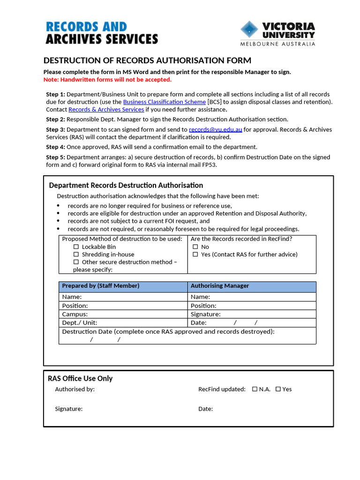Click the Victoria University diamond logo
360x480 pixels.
(x=249, y=29)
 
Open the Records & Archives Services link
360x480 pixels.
(x=106, y=109)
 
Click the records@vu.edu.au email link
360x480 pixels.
(x=215, y=129)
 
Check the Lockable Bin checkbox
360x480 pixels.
(x=76, y=247)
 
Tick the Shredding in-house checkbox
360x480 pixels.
(x=76, y=255)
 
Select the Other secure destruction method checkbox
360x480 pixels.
(x=76, y=262)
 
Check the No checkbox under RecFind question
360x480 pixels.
(x=195, y=247)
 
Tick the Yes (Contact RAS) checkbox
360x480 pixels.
(x=195, y=255)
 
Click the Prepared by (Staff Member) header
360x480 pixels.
(x=101, y=286)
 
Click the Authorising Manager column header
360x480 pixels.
(x=220, y=286)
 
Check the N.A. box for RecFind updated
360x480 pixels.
(x=255, y=389)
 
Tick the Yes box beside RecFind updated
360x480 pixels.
(x=278, y=389)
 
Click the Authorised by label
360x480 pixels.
(x=75, y=389)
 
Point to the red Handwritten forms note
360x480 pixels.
(x=107, y=80)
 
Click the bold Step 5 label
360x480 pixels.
(x=55, y=157)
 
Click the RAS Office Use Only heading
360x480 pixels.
(x=80, y=378)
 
